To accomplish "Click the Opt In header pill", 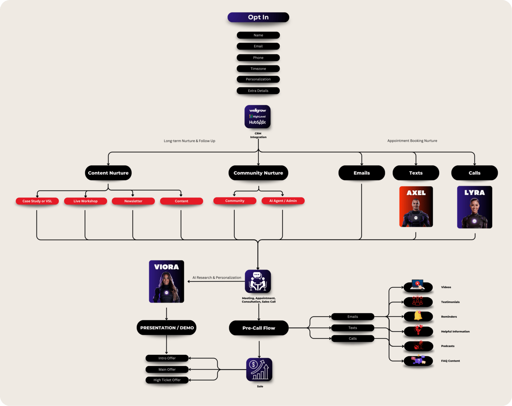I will pyautogui.click(x=258, y=17).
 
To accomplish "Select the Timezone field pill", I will pyautogui.click(x=258, y=69).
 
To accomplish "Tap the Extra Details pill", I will pyautogui.click(x=258, y=91).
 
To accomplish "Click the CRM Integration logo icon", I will pyautogui.click(x=258, y=117).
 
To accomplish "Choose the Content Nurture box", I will pyautogui.click(x=108, y=173).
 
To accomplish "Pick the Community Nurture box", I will pyautogui.click(x=258, y=173).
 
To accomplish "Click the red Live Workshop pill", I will pyautogui.click(x=85, y=201).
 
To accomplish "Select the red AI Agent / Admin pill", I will pyautogui.click(x=283, y=201).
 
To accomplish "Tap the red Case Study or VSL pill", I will pyautogui.click(x=37, y=201).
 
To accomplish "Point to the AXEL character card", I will pyautogui.click(x=416, y=207).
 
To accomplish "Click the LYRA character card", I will pyautogui.click(x=474, y=207).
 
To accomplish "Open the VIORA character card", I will pyautogui.click(x=166, y=282).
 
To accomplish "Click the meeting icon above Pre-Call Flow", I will pyautogui.click(x=258, y=282).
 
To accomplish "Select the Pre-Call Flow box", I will pyautogui.click(x=258, y=328).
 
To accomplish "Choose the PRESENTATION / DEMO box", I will pyautogui.click(x=167, y=328).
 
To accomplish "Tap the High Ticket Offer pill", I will pyautogui.click(x=167, y=380).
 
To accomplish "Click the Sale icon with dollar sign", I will pyautogui.click(x=259, y=370).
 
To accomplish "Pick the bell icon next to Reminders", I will pyautogui.click(x=418, y=316).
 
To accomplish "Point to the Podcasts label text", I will pyautogui.click(x=448, y=346).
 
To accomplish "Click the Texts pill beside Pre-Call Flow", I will pyautogui.click(x=353, y=328).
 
